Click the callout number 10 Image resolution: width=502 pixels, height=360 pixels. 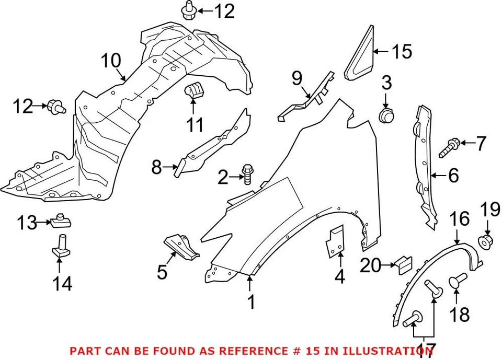coord(111,61)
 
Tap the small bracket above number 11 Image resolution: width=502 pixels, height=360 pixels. coord(194,90)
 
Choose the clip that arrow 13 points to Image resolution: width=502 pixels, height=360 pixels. coord(60,223)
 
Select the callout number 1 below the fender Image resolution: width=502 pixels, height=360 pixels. coord(251,301)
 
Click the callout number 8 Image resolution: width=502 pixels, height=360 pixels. coord(156,168)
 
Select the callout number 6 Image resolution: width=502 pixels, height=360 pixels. coord(453,176)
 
